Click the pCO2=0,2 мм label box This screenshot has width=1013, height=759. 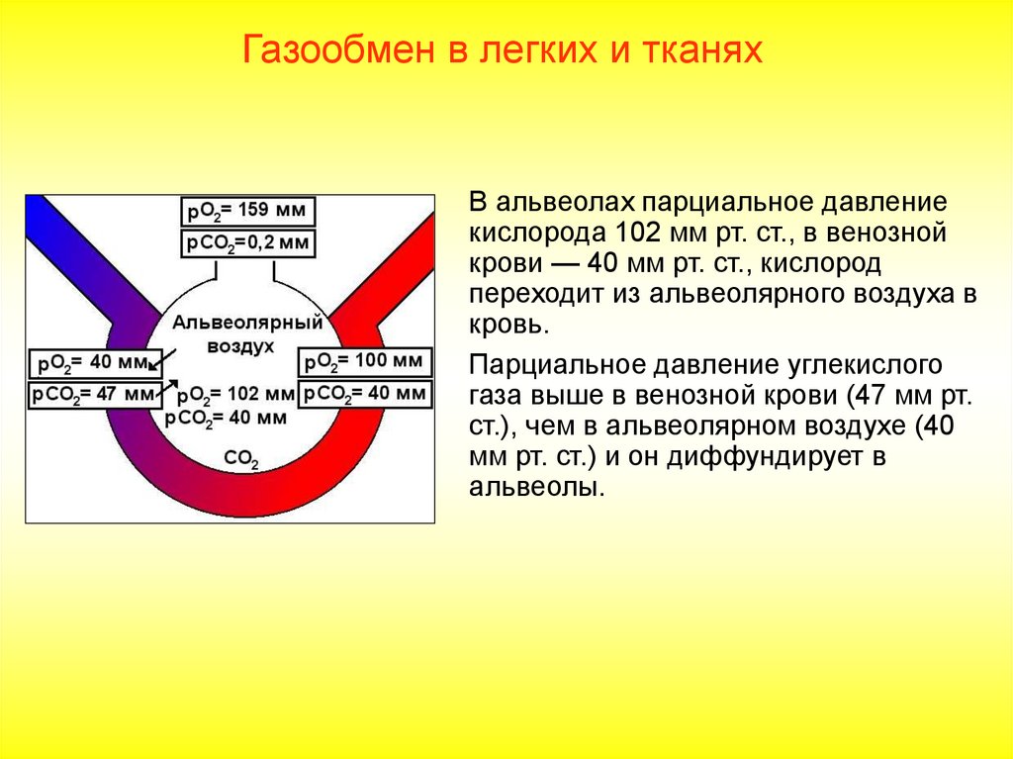tap(247, 242)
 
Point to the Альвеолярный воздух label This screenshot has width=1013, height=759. tap(233, 333)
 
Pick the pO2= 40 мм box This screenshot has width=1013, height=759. tap(91, 362)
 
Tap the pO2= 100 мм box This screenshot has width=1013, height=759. tap(365, 361)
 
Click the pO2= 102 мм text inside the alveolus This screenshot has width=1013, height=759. tap(235, 394)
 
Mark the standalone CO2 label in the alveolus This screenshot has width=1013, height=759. tap(241, 459)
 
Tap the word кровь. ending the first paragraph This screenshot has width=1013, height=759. tap(506, 325)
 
